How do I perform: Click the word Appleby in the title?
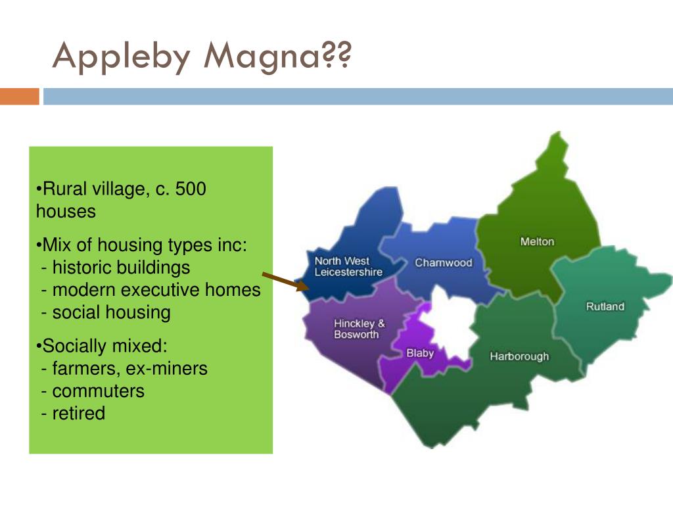[x=122, y=57]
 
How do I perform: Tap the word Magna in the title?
[x=262, y=57]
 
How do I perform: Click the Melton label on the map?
[x=537, y=242]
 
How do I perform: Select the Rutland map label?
[x=605, y=306]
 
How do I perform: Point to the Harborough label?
[x=519, y=356]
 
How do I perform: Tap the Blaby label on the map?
[x=420, y=353]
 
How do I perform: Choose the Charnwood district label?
[x=444, y=262]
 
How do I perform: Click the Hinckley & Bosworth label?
[x=360, y=329]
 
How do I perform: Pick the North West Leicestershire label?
[x=348, y=266]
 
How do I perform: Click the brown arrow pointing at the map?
[x=285, y=281]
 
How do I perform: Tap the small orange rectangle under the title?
[x=19, y=96]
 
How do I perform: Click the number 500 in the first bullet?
[x=191, y=189]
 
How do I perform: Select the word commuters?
[x=99, y=391]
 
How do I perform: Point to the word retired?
[x=79, y=414]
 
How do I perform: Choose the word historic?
[x=83, y=268]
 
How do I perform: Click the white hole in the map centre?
[x=451, y=325]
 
